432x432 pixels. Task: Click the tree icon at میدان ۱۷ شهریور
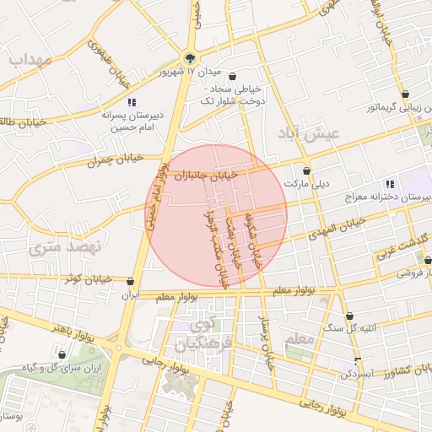192,58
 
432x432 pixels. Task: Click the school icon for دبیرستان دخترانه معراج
388,183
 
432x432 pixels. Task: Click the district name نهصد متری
64,247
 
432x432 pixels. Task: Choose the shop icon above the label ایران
130,282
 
